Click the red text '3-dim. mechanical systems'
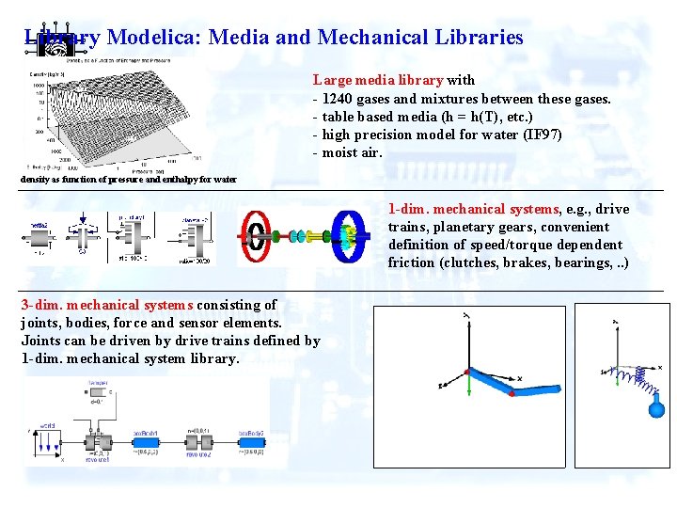(x=107, y=305)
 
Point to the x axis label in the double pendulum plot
(x=519, y=377)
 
